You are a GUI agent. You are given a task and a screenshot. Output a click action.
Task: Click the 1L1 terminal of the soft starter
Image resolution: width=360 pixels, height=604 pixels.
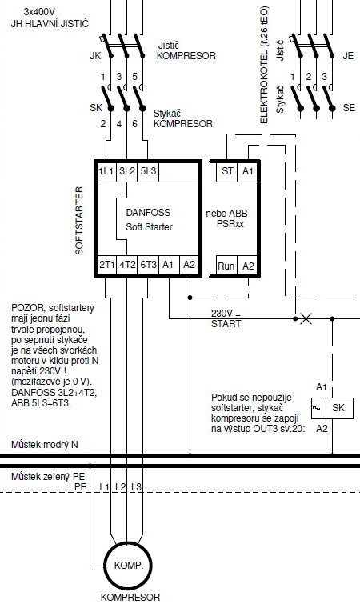106,171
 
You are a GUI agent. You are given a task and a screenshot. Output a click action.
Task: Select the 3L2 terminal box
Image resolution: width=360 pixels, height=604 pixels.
126,171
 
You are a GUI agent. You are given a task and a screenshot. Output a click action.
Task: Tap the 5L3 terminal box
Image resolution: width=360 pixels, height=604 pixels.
148,171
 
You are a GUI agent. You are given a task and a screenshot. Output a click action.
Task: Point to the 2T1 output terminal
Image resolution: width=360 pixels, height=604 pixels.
106,265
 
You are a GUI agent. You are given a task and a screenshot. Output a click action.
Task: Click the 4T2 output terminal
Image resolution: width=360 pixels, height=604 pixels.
127,265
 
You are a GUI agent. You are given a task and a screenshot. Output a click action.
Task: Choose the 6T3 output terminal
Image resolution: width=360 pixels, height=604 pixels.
148,265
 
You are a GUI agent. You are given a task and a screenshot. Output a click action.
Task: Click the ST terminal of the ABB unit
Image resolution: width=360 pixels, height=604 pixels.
226,170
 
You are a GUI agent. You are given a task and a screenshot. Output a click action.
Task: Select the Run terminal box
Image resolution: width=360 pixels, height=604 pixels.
226,266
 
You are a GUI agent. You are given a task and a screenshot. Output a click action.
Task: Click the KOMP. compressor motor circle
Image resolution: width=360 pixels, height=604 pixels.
129,566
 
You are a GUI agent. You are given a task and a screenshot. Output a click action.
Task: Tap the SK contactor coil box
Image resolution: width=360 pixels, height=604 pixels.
332,408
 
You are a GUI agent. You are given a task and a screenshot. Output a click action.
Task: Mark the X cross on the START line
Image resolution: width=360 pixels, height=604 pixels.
306,318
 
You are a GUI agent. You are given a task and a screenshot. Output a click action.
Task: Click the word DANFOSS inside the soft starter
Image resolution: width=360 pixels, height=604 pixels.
148,212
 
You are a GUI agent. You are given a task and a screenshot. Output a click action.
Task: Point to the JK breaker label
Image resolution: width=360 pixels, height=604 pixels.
95,56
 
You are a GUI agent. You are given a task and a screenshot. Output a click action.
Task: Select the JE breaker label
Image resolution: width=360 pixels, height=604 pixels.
348,56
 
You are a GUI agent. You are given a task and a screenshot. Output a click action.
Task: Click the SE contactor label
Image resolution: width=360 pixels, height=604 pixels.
349,108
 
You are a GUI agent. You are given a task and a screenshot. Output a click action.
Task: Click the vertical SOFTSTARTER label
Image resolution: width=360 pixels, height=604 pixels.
79,220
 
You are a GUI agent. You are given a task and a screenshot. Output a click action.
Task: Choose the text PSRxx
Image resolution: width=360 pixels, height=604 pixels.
230,224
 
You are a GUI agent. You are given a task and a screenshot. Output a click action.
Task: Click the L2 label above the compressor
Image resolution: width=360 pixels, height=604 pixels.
121,487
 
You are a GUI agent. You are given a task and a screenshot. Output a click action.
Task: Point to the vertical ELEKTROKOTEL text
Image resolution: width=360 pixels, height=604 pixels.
264,65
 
